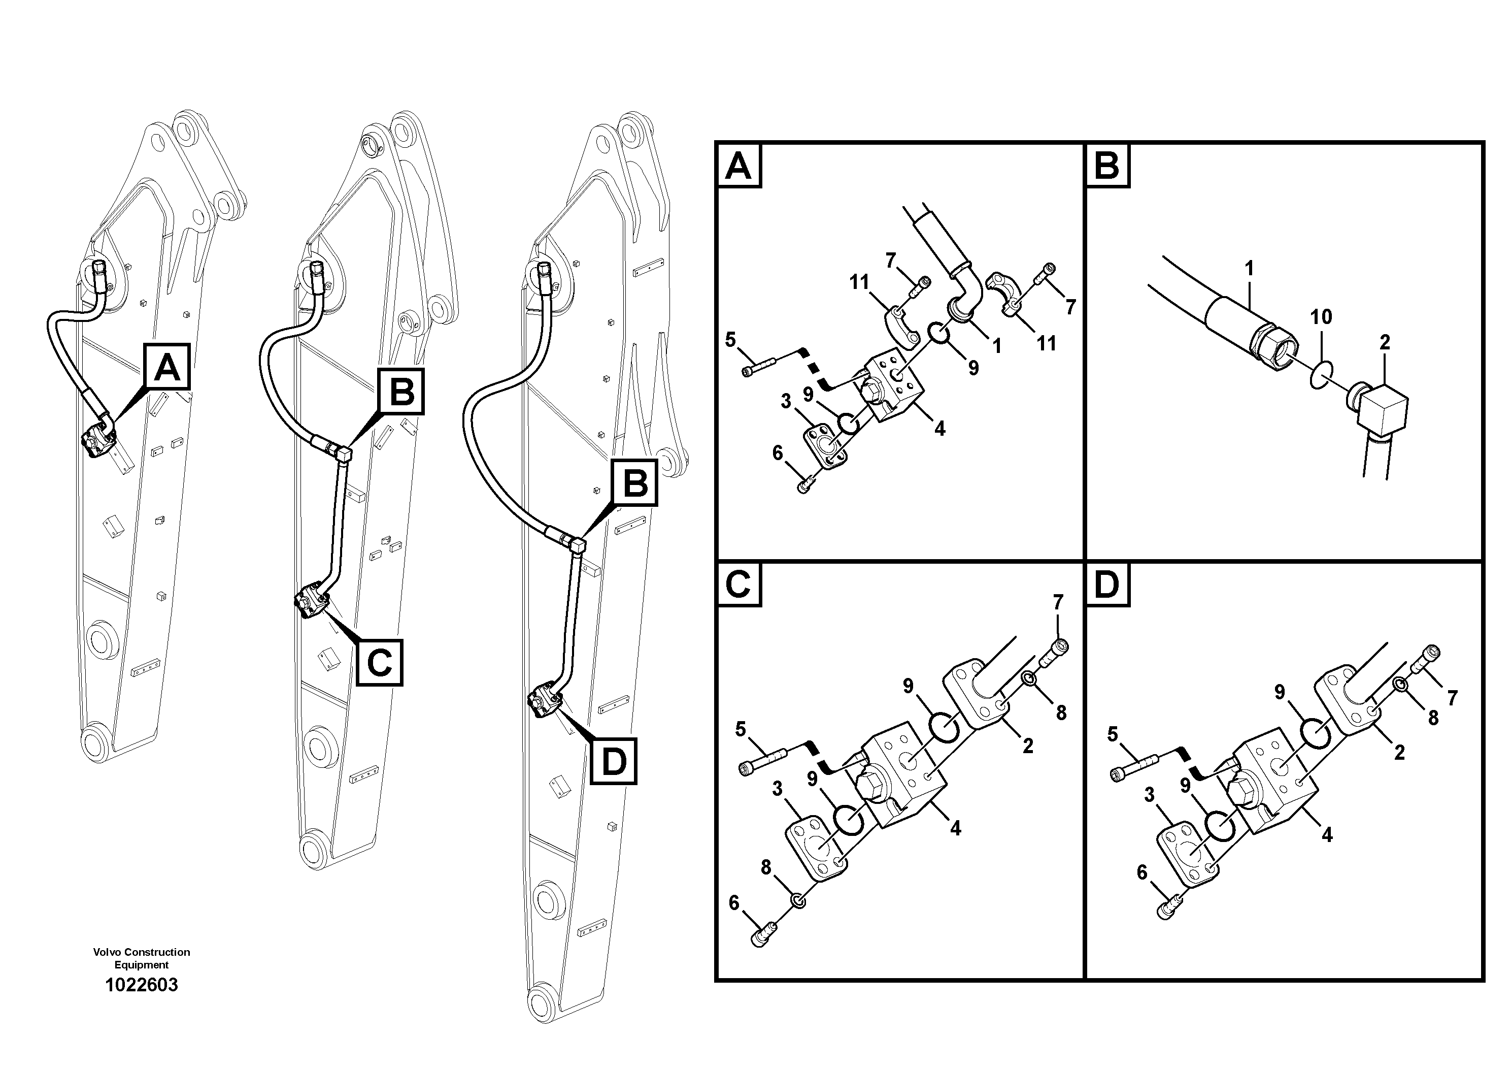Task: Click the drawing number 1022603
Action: pyautogui.click(x=142, y=985)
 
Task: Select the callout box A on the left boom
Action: pyautogui.click(x=167, y=366)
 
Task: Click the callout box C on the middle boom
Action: pyautogui.click(x=380, y=662)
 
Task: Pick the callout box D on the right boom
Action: pyautogui.click(x=613, y=761)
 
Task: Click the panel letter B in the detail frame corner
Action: pyautogui.click(x=1106, y=166)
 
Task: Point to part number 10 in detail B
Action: pyautogui.click(x=1321, y=317)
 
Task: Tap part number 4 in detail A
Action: pyautogui.click(x=940, y=429)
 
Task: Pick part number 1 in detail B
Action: pyautogui.click(x=1249, y=269)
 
